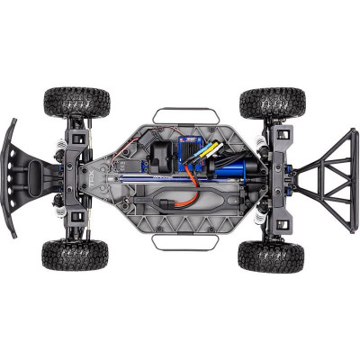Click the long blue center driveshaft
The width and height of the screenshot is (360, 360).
coord(162,179)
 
